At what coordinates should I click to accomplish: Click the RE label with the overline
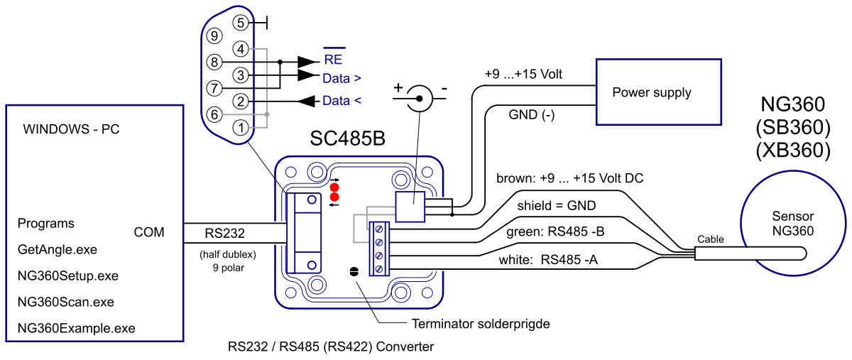(333, 59)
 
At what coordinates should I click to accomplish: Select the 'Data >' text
(342, 79)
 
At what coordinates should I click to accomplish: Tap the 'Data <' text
(342, 101)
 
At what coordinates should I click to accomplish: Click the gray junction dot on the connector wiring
(267, 114)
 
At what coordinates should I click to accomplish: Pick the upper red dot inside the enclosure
(334, 187)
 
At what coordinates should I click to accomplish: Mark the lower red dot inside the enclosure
(334, 197)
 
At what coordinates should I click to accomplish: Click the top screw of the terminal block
(379, 229)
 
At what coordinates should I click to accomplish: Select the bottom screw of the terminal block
(379, 268)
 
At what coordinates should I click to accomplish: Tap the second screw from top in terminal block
(379, 243)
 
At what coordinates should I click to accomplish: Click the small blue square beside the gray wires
(410, 207)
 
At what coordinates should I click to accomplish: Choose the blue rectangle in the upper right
(659, 92)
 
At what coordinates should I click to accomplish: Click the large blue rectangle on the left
(94, 223)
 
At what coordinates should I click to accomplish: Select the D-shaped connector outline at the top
(227, 75)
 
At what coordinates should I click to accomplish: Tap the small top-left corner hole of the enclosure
(290, 172)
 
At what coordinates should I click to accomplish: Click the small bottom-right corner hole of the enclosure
(427, 293)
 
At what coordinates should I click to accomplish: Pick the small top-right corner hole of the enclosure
(427, 172)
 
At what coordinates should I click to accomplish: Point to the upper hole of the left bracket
(311, 200)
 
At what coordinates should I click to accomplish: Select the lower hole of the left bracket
(311, 264)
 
